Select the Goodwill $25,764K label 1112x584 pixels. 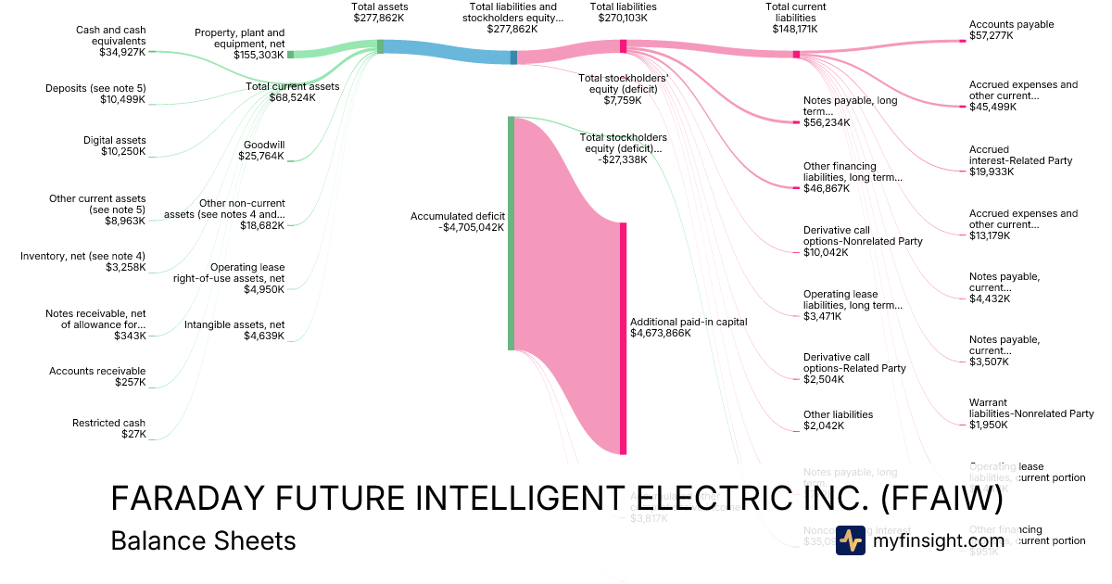[x=263, y=151]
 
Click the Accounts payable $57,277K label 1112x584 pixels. [x=1011, y=31]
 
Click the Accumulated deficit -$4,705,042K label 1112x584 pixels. [x=458, y=222]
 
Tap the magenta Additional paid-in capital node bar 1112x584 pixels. [x=624, y=338]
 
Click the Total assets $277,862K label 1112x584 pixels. [x=380, y=12]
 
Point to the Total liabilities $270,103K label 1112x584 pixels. [x=623, y=12]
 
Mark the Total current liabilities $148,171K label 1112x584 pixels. [x=795, y=18]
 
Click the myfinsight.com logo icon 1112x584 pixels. [x=850, y=540]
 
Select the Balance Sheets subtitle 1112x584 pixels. [x=203, y=540]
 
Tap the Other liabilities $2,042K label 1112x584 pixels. [x=838, y=421]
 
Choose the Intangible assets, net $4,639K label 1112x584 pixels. [x=234, y=330]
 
